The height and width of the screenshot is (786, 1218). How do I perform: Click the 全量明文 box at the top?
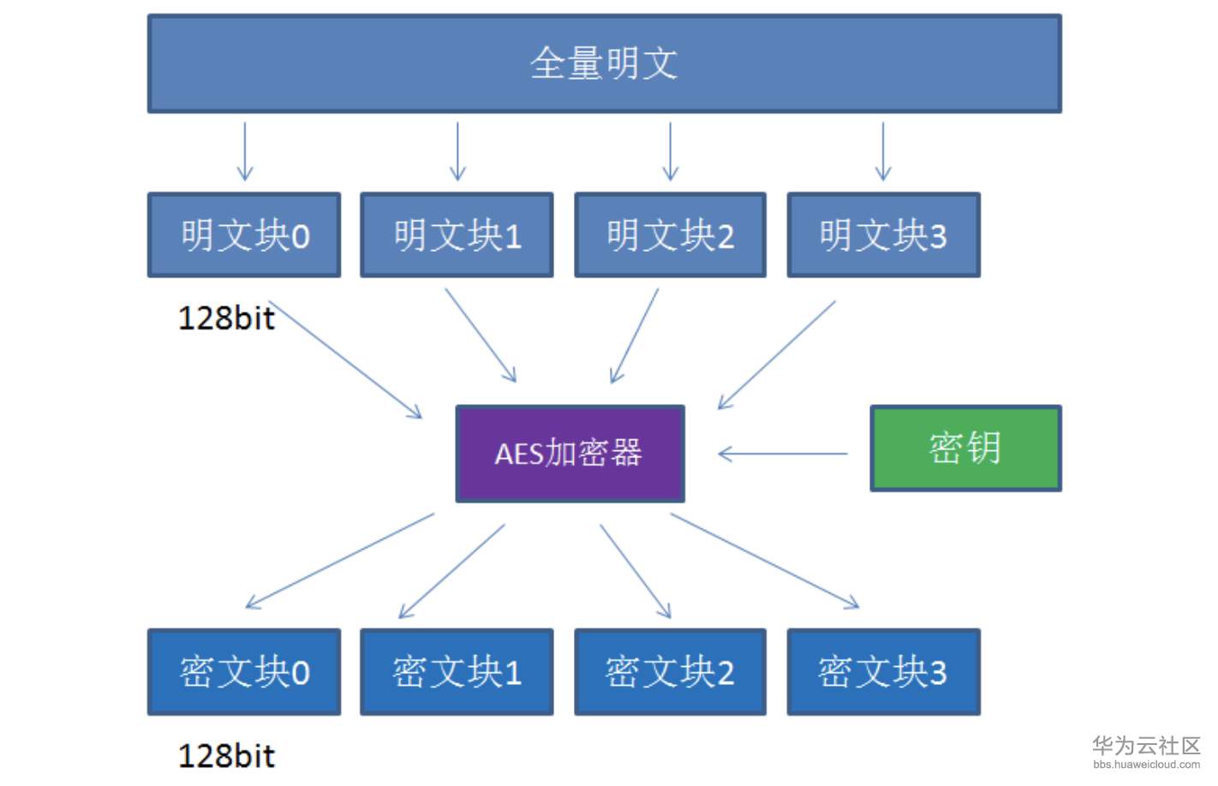604,63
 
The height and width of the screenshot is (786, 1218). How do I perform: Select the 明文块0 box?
244,235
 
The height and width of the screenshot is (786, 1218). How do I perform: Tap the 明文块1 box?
457,235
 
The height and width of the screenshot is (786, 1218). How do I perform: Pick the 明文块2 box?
670,235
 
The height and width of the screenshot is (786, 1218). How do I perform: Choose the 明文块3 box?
883,235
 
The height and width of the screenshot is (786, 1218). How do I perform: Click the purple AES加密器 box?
570,453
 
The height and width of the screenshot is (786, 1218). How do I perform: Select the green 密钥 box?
965,448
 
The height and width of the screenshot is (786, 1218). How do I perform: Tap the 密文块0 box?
244,672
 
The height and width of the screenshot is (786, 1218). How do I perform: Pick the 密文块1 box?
457,672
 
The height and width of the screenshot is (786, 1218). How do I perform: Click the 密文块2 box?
670,672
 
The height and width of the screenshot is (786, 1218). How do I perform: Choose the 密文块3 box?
883,672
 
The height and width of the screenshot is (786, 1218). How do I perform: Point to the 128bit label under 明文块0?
226,319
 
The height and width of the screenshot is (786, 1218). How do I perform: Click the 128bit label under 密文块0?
226,756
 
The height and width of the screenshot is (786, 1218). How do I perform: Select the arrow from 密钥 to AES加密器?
782,454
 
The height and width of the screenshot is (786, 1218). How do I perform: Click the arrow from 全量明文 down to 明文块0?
245,151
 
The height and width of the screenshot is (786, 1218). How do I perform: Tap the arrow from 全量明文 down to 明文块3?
883,151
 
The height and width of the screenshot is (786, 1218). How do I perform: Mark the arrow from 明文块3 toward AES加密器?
776,354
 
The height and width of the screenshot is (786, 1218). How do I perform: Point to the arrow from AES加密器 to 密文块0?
340,561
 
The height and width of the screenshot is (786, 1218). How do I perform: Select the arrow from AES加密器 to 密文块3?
764,561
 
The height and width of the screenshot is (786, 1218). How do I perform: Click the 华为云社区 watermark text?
1146,745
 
